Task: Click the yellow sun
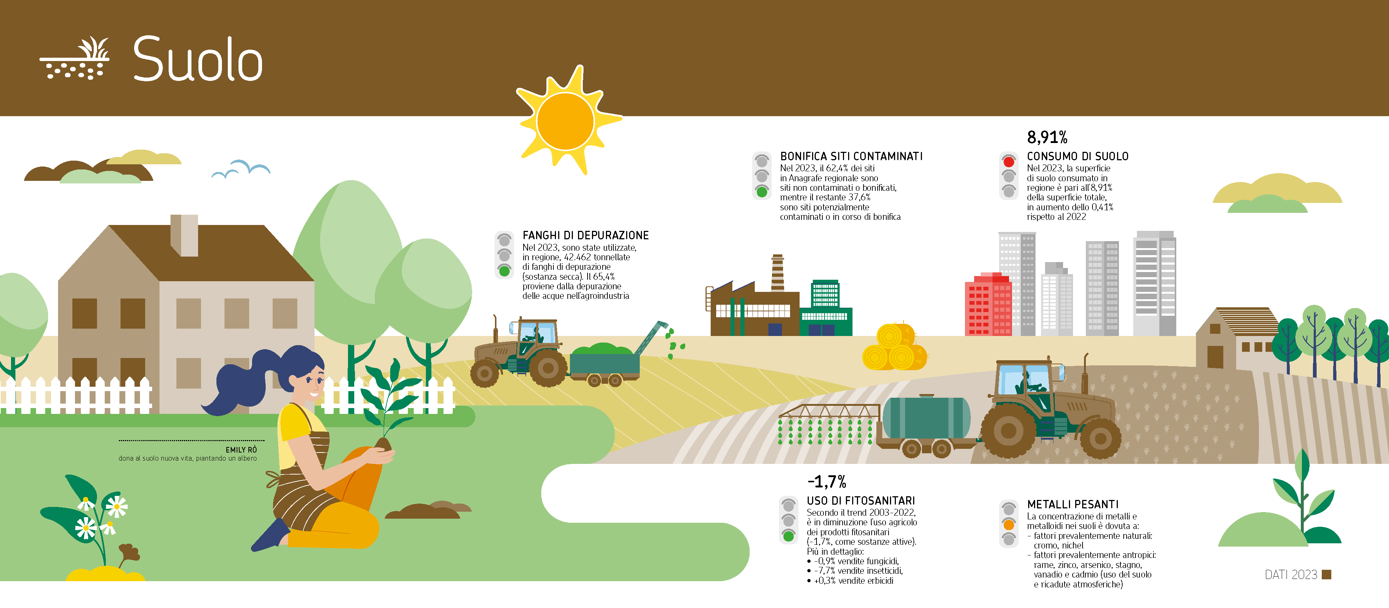(566, 120)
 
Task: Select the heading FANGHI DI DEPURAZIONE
(586, 235)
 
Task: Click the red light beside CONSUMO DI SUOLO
(1009, 161)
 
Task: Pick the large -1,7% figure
(827, 481)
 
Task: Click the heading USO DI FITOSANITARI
(861, 501)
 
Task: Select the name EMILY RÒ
(241, 450)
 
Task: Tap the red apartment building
(988, 304)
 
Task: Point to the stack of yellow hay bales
(894, 347)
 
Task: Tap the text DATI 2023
(1291, 575)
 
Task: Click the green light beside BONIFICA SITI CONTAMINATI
(762, 192)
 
